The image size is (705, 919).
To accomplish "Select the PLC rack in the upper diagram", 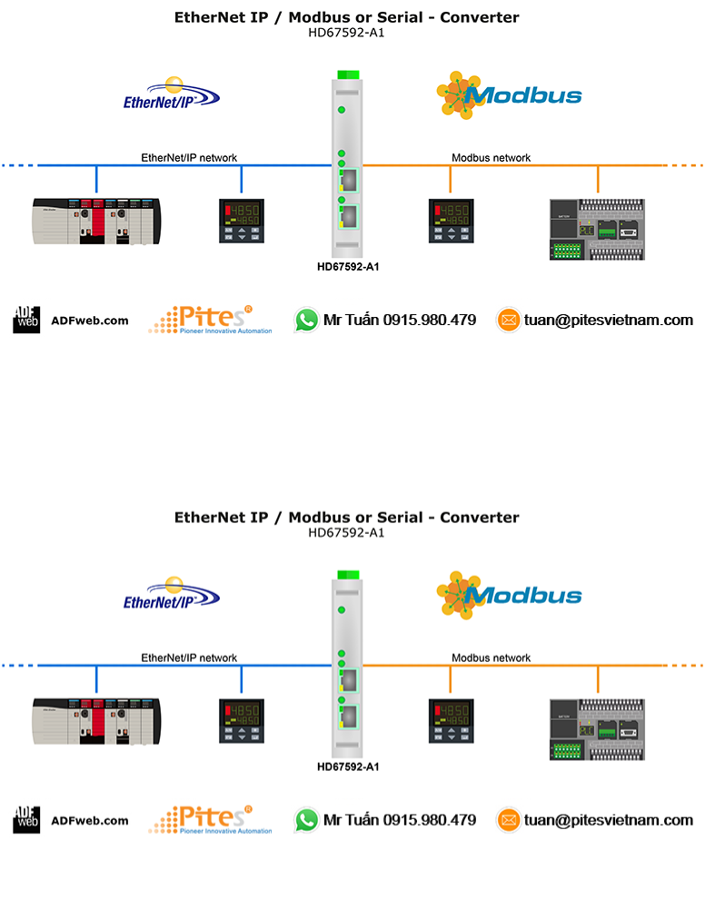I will pos(95,222).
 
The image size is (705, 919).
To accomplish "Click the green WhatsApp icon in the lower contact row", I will pos(306,820).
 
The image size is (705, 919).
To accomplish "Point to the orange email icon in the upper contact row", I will pos(508,320).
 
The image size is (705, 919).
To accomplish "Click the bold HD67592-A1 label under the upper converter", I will pos(348,267).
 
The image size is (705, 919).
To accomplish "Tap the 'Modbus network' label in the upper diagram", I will pos(491,158).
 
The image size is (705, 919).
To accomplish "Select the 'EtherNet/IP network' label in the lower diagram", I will pos(189,658).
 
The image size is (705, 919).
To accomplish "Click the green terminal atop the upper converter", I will pos(348,74).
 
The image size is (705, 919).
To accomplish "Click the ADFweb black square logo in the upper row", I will pos(26,320).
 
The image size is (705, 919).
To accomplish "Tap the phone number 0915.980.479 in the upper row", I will pos(429,320).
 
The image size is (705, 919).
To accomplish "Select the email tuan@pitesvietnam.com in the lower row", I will pos(608,820).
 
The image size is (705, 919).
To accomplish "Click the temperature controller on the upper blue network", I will pos(241,222).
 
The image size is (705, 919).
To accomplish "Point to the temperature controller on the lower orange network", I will pos(450,722).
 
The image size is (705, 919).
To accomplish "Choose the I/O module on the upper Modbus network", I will pos(597,229).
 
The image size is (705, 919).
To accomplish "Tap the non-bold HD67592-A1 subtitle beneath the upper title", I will pos(346,33).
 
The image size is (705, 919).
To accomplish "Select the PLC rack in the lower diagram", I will pos(95,722).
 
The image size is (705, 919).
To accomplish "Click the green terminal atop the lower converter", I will pos(348,575).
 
